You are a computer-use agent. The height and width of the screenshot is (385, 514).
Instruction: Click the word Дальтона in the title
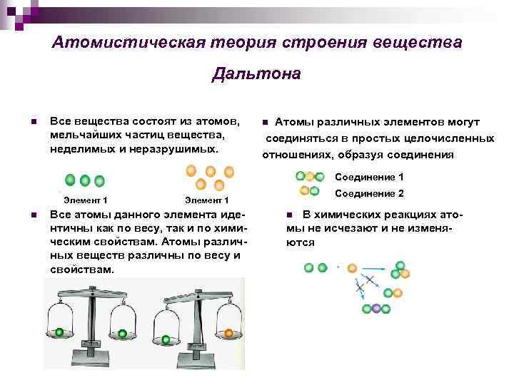click(x=256, y=74)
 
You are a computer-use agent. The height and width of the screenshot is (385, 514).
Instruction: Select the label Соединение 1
click(x=370, y=177)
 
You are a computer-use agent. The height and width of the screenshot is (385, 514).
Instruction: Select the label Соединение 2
click(x=370, y=193)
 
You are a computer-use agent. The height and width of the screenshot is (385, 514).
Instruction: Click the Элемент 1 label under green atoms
click(x=86, y=201)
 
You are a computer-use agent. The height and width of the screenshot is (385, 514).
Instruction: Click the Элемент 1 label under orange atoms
click(x=206, y=201)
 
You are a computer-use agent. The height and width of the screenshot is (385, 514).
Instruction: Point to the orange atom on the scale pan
click(x=229, y=333)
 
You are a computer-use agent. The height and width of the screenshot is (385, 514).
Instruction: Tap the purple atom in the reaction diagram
click(x=376, y=309)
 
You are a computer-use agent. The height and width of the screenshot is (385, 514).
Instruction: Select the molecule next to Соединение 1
click(x=310, y=177)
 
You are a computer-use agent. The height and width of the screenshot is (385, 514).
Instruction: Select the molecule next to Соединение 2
click(x=310, y=190)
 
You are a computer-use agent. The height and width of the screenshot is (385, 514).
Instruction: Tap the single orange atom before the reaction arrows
click(x=352, y=268)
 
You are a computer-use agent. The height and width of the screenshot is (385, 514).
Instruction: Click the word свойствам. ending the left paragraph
click(x=81, y=270)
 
